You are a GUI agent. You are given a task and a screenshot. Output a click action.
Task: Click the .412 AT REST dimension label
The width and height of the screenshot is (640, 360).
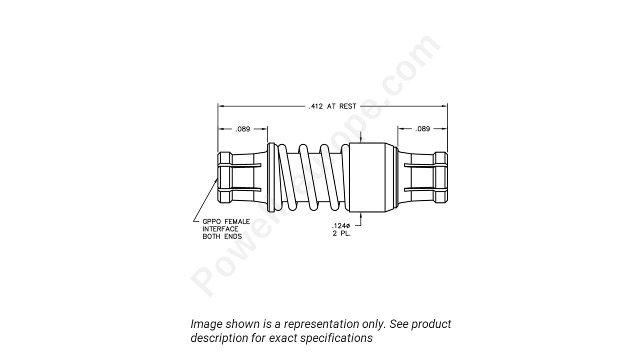pyautogui.click(x=332, y=106)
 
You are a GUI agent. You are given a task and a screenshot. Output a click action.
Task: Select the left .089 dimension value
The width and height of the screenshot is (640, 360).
pyautogui.click(x=242, y=129)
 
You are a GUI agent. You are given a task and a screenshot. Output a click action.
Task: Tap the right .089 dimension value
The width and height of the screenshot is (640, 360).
pyautogui.click(x=422, y=129)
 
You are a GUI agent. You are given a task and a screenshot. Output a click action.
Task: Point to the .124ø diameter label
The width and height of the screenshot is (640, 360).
pyautogui.click(x=341, y=226)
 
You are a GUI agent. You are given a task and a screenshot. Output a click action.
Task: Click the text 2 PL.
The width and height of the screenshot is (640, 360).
pyautogui.click(x=341, y=233)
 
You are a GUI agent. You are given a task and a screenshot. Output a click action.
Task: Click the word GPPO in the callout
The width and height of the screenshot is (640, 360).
pyautogui.click(x=212, y=221)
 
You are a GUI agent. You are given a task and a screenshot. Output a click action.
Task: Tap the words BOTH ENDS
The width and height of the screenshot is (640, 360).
pyautogui.click(x=222, y=236)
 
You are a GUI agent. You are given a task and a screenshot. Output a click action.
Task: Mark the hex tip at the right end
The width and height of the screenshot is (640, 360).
pyautogui.click(x=440, y=177)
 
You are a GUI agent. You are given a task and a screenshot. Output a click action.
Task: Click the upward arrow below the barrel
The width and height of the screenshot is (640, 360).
pyautogui.click(x=360, y=216)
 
